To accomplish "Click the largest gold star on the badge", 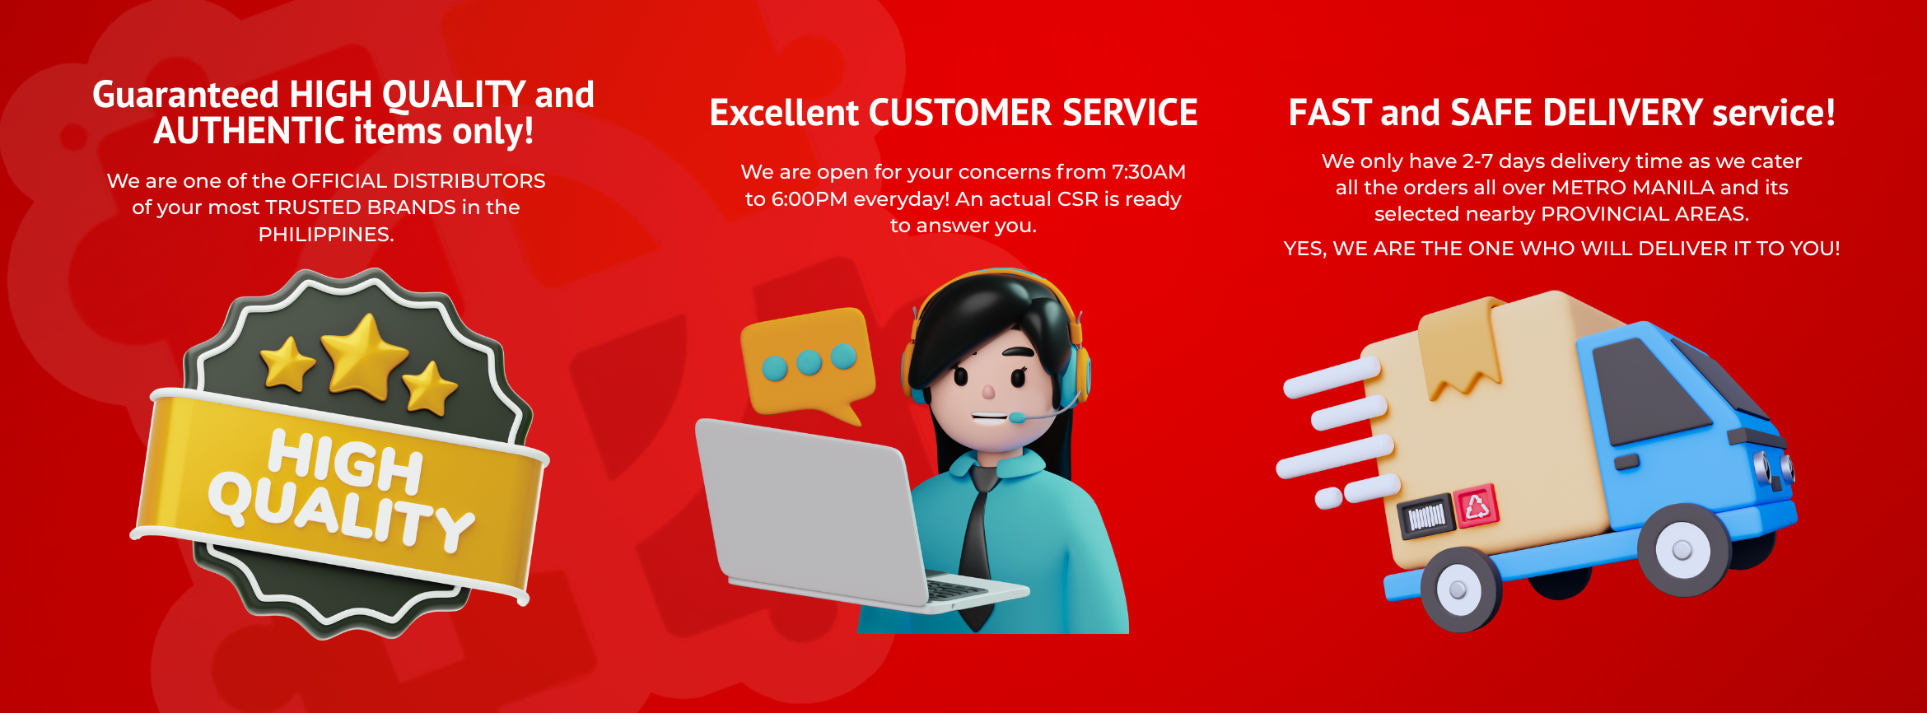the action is (364, 356).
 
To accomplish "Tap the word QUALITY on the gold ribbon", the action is (341, 511).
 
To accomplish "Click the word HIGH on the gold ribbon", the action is (346, 460).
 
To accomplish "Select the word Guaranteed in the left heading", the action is (186, 95).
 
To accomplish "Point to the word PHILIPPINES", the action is (326, 235).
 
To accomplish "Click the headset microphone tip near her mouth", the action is (1017, 418).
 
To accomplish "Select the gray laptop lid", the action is (811, 510).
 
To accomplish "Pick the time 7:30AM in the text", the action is (1149, 172).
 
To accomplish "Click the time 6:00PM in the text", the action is (810, 199).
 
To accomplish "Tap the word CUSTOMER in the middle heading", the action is (960, 113).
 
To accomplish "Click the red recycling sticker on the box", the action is (1477, 506).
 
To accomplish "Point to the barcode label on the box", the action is (1426, 516).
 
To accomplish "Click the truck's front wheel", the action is (1683, 549).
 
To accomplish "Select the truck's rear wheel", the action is (1459, 589).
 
